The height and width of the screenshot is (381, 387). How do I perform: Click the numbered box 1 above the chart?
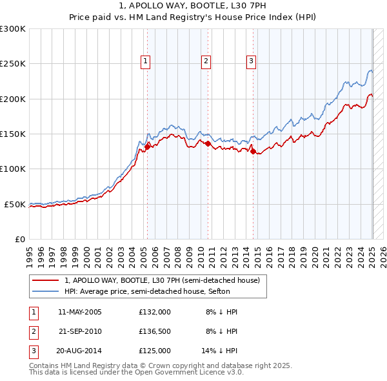146,61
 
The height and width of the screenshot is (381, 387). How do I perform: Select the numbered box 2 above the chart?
206,61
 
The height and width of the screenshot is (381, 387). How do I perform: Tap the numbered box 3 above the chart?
250,61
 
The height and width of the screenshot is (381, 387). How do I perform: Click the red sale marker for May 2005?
147,147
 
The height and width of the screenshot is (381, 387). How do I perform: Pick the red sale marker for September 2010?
208,144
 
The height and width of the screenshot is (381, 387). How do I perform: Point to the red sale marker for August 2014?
253,152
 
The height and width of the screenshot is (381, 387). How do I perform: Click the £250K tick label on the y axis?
12,64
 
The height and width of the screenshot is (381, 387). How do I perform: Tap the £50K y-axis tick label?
15,204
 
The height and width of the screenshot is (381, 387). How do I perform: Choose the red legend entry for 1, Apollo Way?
162,280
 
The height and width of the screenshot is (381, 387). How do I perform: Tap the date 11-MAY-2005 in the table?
79,312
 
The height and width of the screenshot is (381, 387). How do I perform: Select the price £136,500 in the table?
155,331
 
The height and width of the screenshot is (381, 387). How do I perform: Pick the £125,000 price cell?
155,351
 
